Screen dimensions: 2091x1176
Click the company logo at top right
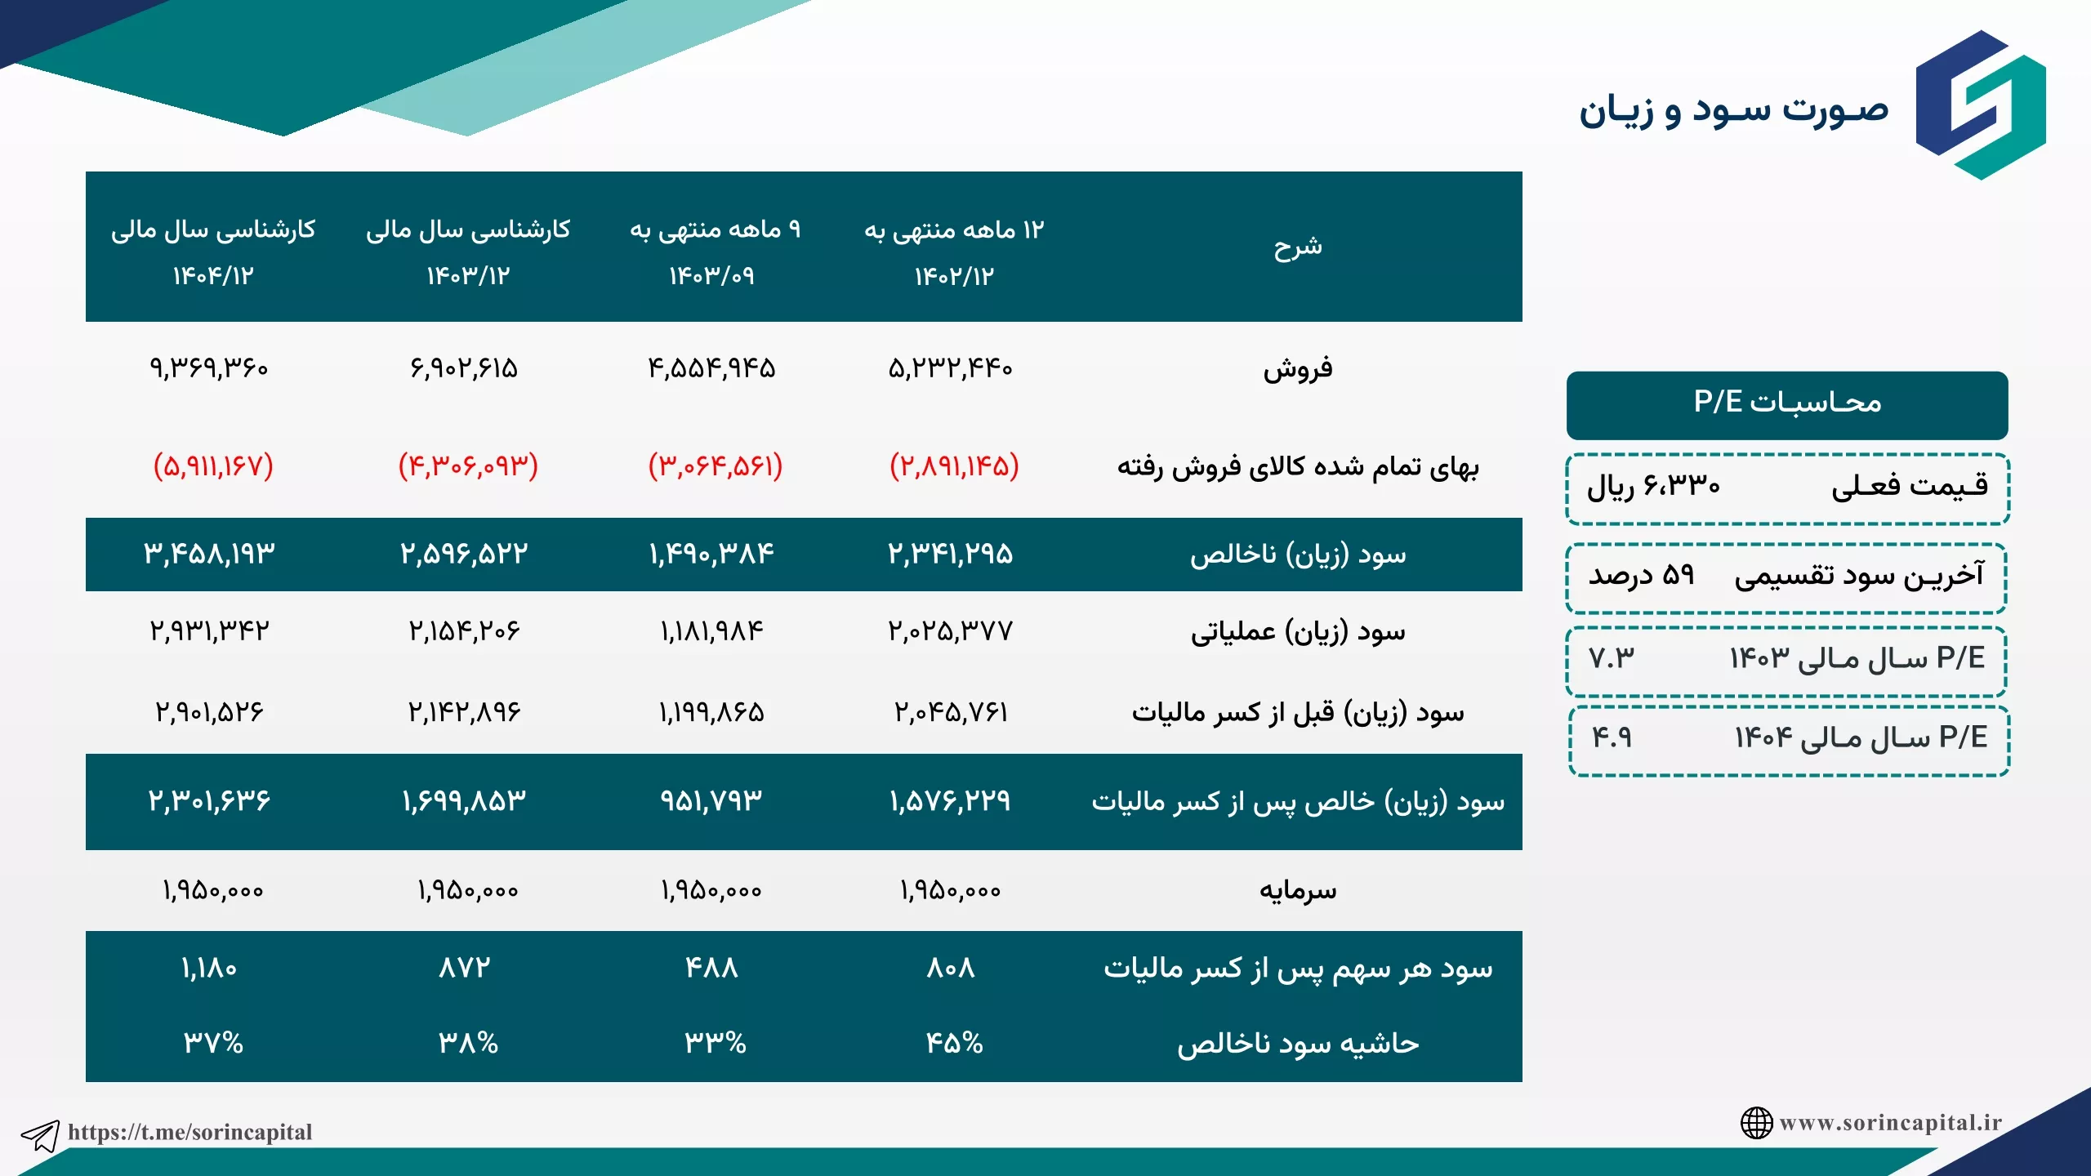click(1981, 105)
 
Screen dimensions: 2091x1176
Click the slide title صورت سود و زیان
click(1733, 110)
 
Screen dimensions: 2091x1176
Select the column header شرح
click(1298, 247)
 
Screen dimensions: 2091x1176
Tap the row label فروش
click(1298, 369)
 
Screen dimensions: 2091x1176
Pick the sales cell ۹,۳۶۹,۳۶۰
click(209, 368)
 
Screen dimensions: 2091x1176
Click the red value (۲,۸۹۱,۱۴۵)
click(954, 466)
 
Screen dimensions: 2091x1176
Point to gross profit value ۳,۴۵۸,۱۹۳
click(210, 555)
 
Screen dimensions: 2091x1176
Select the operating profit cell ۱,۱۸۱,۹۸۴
click(711, 631)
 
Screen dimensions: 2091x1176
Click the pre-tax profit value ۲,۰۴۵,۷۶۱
click(951, 713)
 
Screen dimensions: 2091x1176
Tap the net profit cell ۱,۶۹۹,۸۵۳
click(464, 801)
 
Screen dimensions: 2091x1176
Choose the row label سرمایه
click(1298, 890)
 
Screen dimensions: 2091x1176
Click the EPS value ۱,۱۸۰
click(209, 969)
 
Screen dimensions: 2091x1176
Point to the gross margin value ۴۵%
click(954, 1043)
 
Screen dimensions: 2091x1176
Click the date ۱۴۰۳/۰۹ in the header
click(711, 276)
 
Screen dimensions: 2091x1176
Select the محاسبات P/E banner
click(1787, 405)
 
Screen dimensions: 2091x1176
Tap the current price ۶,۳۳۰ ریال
click(1653, 488)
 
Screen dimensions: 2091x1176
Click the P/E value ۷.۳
click(1612, 658)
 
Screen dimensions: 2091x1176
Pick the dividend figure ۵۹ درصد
click(1642, 576)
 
